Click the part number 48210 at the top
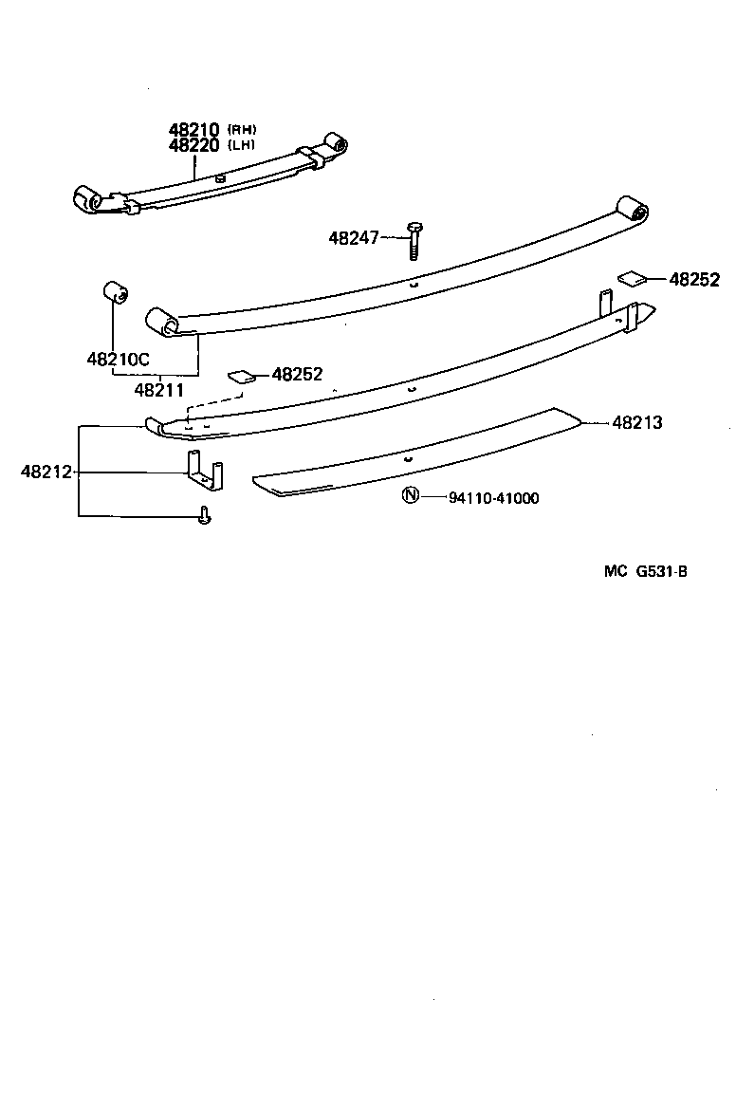[194, 130]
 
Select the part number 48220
[194, 145]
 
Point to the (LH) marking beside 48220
[242, 145]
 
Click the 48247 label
[354, 238]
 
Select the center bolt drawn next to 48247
[414, 239]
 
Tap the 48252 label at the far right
[695, 280]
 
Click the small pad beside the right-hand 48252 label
[633, 278]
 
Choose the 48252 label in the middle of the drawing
[297, 375]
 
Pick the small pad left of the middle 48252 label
[242, 376]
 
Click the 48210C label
[119, 360]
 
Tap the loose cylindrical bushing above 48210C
[116, 293]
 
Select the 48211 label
[158, 389]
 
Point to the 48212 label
[46, 472]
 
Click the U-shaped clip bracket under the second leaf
[203, 472]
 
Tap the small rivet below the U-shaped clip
[204, 515]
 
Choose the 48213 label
[636, 423]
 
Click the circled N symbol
[410, 496]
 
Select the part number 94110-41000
[493, 498]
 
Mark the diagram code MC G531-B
[645, 571]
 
